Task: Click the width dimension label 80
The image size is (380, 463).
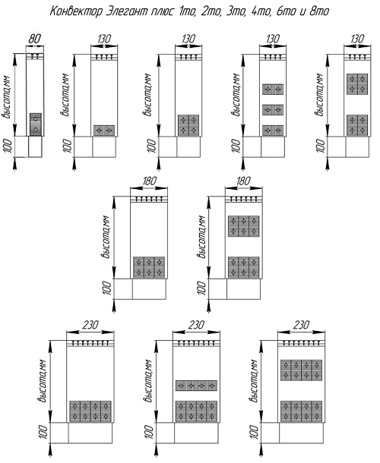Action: click(35, 39)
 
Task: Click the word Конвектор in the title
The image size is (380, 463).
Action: click(76, 11)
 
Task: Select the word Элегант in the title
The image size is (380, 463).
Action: click(127, 11)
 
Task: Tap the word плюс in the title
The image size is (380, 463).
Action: click(163, 11)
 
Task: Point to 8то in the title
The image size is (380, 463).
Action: click(319, 11)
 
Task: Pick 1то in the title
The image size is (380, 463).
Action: click(187, 11)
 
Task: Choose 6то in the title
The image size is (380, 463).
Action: click(287, 11)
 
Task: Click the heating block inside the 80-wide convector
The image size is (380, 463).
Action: click(36, 124)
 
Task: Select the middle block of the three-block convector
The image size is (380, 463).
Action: click(273, 110)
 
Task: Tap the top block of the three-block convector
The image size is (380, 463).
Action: click(273, 89)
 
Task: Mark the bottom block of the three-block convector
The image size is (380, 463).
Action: click(273, 131)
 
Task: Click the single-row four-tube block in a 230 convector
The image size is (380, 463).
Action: click(196, 386)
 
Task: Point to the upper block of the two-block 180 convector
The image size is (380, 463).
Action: click(243, 226)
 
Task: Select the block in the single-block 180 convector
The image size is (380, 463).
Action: click(149, 267)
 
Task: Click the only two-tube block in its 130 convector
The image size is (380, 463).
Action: click(104, 131)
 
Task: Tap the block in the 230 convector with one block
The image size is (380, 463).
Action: click(90, 411)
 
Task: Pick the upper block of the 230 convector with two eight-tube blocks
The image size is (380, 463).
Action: click(301, 370)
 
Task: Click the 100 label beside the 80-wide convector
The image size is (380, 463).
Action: click(8, 146)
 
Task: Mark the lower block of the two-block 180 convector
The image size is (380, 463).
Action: click(243, 267)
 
